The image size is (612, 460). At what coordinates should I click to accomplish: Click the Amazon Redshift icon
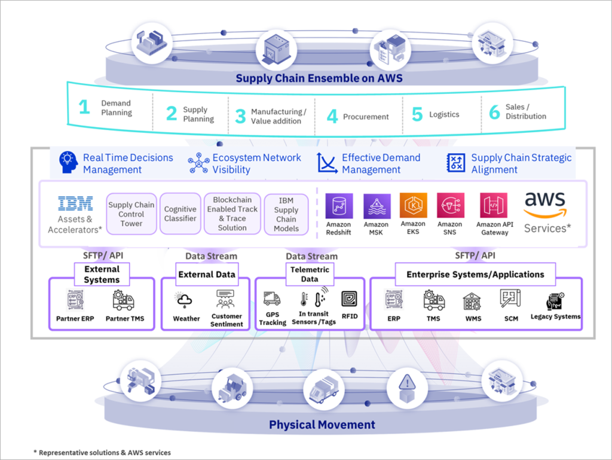pos(339,206)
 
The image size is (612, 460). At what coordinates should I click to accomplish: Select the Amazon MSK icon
pos(377,206)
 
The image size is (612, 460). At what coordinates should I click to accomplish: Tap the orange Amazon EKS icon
pos(414,206)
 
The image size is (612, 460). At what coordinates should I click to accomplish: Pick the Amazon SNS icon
pos(450,206)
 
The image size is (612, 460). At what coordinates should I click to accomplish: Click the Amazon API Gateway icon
pos(494,206)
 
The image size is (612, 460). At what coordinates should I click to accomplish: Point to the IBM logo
pos(75,204)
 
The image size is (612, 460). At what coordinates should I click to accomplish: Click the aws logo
pos(544,206)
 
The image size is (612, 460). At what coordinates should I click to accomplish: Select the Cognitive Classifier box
pos(180,214)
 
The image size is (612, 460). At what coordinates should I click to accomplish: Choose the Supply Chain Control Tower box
pos(131,214)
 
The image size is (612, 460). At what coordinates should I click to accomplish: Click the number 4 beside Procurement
pos(332,116)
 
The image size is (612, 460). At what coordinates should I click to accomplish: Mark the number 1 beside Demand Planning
pos(85,108)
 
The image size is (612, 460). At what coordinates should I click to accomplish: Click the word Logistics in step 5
pos(444,115)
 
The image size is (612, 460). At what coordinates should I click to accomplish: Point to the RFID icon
pos(350,299)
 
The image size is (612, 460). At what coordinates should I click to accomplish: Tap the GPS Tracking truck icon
pos(272,298)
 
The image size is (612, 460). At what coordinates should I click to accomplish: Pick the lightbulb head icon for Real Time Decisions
pos(68,163)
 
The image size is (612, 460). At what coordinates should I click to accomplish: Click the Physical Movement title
pos(322,425)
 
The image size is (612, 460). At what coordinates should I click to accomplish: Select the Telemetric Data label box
pos(309,274)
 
